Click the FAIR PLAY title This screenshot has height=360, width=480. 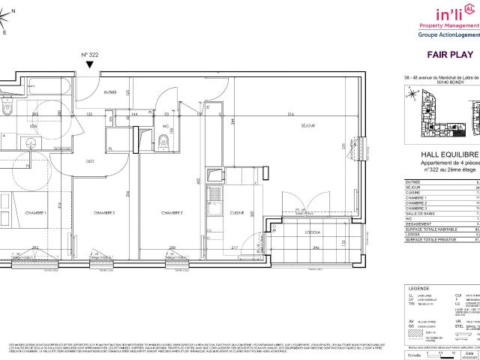pos(448,55)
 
